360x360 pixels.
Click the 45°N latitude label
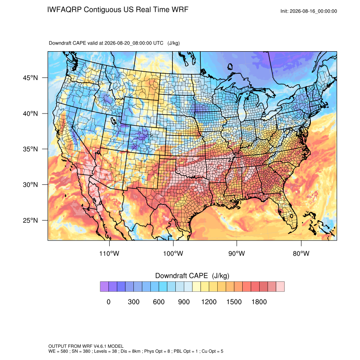pos(30,78)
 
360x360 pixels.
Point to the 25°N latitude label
pos(30,220)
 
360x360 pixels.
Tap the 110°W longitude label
pos(109,253)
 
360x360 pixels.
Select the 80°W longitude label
pos(301,253)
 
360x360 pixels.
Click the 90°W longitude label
pos(236,253)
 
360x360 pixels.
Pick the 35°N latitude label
pos(30,149)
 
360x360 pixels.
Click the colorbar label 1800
pos(259,302)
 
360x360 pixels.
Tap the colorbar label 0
pos(108,302)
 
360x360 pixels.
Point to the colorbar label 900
pos(184,302)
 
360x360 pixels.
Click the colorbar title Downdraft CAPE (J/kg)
pos(192,276)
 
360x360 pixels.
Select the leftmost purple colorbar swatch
pos(104,287)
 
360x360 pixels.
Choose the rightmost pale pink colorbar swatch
pos(280,287)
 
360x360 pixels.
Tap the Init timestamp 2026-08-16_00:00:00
pos(313,11)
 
